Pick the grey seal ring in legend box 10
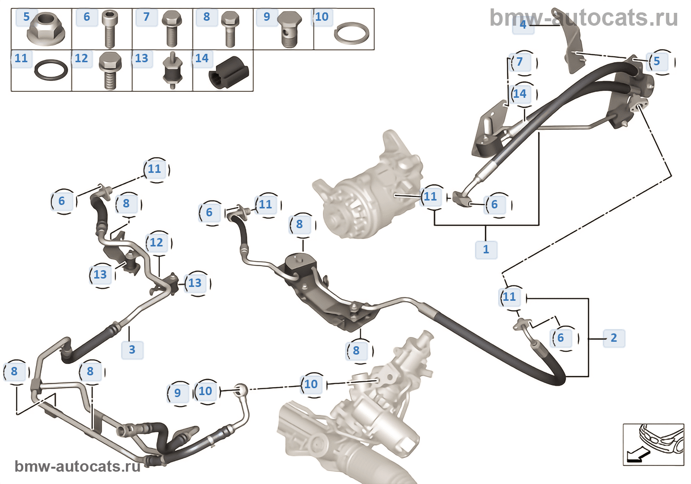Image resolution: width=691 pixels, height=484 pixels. pos(351,34)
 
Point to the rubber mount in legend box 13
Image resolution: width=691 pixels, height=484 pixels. pos(172,71)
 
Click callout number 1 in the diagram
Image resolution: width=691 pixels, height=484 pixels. pos(486,249)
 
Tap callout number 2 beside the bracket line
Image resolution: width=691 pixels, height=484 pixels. pos(614,338)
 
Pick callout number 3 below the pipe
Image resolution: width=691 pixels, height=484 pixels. pos(132,350)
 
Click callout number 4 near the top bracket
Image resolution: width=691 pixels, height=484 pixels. pos(523,24)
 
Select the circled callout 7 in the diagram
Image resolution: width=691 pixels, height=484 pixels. pos(520,62)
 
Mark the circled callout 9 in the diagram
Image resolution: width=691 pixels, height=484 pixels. pos(178,393)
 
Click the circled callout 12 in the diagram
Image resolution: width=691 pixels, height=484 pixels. pos(156,242)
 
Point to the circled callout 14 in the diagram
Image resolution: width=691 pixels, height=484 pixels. pos(520,94)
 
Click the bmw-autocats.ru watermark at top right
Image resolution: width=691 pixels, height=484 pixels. pos(583,18)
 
